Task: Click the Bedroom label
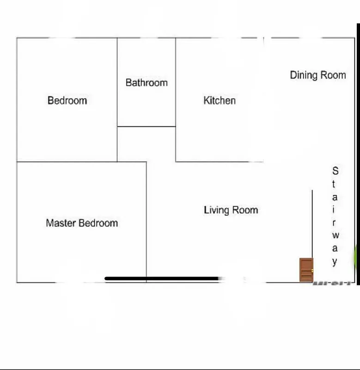pyautogui.click(x=67, y=100)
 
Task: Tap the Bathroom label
pyautogui.click(x=146, y=83)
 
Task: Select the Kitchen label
pyautogui.click(x=220, y=100)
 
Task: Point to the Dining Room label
pyautogui.click(x=317, y=75)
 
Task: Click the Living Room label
pyautogui.click(x=231, y=210)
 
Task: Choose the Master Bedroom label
pyautogui.click(x=82, y=223)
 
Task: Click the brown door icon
pyautogui.click(x=306, y=270)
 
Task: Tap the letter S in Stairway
pyautogui.click(x=335, y=171)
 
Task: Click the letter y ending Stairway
pyautogui.click(x=335, y=262)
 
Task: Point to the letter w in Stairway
pyautogui.click(x=335, y=235)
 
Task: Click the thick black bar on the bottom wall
pyautogui.click(x=162, y=278)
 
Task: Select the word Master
pyautogui.click(x=61, y=223)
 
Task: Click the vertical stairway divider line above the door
pyautogui.click(x=312, y=222)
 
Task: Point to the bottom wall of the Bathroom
pyautogui.click(x=146, y=126)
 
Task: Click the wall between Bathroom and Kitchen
pyautogui.click(x=176, y=83)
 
